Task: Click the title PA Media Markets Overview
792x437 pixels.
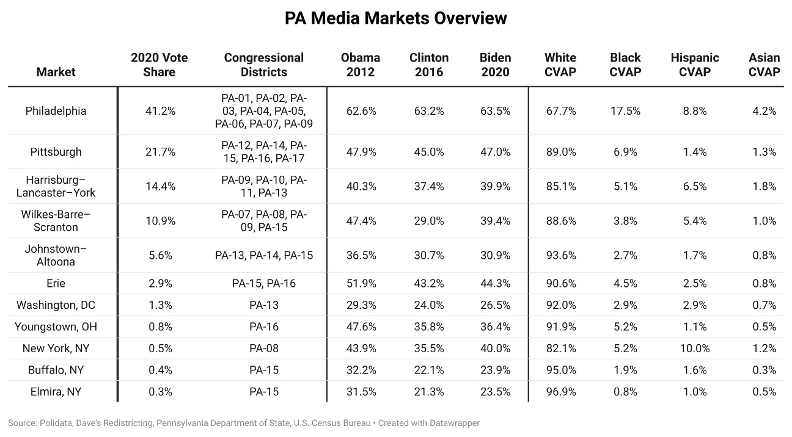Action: click(x=396, y=18)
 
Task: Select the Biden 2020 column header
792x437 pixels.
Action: click(x=495, y=65)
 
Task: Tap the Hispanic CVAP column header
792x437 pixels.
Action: click(x=695, y=65)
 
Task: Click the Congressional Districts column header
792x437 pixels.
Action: click(x=263, y=65)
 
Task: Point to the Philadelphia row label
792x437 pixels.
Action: click(x=56, y=111)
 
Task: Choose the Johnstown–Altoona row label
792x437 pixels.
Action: click(x=56, y=255)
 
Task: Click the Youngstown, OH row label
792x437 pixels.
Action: click(x=56, y=327)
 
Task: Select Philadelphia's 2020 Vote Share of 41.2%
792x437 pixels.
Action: click(x=160, y=111)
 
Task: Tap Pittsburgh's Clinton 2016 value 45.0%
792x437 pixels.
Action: click(x=428, y=152)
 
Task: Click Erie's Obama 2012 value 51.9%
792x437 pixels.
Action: click(x=361, y=283)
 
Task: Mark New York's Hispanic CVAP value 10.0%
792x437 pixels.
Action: click(x=695, y=349)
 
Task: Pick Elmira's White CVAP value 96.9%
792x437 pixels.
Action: click(x=560, y=392)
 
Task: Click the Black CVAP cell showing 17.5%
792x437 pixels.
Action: click(x=625, y=111)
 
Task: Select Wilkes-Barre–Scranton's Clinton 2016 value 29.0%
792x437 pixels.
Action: click(x=428, y=221)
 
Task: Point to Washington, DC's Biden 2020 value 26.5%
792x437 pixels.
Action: click(x=495, y=305)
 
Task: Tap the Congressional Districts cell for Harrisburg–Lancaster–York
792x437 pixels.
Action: click(x=263, y=186)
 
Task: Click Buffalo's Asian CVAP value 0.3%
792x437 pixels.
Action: click(x=764, y=370)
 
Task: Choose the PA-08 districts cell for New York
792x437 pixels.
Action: click(x=263, y=349)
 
